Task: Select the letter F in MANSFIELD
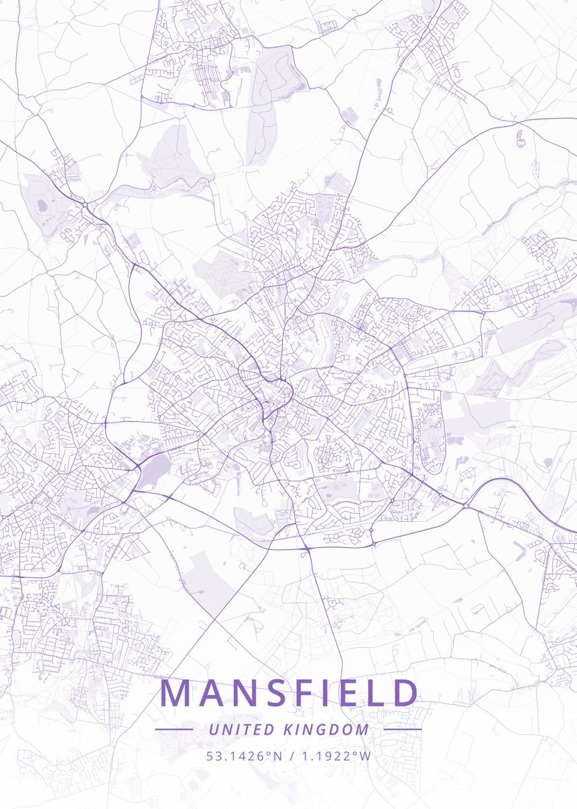pos(308,693)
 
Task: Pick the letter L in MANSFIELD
pos(375,693)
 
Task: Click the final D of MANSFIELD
pos(405,693)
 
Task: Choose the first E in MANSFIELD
pos(350,693)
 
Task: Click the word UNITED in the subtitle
pos(241,729)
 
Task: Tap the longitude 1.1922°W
pos(336,756)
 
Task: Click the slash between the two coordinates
pos(291,756)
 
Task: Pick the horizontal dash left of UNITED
pos(174,729)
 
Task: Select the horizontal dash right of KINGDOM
pos(403,729)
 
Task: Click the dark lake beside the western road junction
pos(154,471)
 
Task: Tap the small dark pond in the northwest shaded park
pos(43,204)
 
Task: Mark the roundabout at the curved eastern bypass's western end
pos(465,505)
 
